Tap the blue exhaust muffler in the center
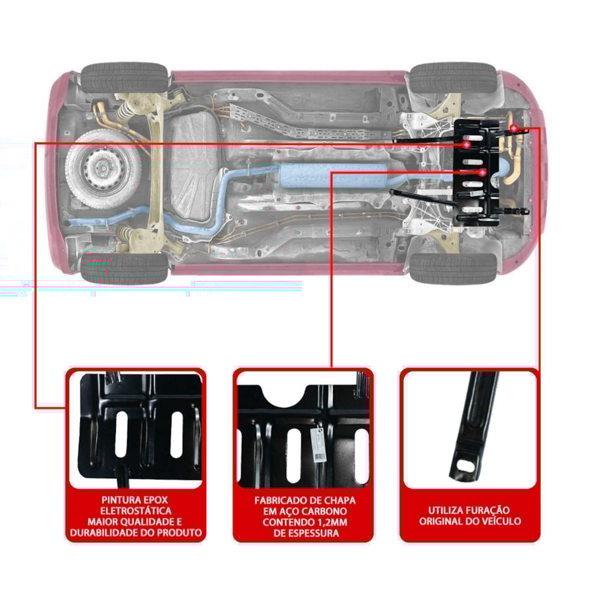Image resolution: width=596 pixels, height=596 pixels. click(333, 175)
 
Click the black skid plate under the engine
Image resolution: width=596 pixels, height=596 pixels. click(477, 174)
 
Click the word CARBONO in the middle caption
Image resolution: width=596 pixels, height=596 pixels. click(325, 511)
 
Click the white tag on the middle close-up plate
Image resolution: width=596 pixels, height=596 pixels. click(318, 443)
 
